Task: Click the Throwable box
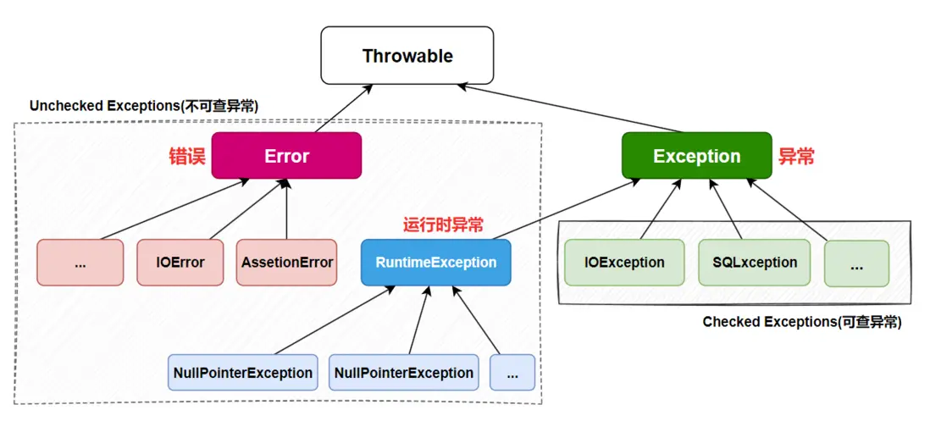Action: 407,55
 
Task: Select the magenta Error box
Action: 286,156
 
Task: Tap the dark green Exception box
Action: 697,156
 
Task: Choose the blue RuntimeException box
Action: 436,263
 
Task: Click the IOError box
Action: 180,263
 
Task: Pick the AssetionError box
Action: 287,263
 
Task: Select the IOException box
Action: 624,263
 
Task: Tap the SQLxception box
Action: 755,263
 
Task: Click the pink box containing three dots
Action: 80,263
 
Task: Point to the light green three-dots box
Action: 856,263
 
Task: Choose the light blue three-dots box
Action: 512,372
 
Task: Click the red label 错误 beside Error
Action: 187,156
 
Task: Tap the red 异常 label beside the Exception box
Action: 796,156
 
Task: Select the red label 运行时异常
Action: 443,225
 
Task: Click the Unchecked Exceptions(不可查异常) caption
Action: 143,106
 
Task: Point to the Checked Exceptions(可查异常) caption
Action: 802,322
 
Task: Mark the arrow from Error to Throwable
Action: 343,108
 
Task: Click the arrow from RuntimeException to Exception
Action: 566,209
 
